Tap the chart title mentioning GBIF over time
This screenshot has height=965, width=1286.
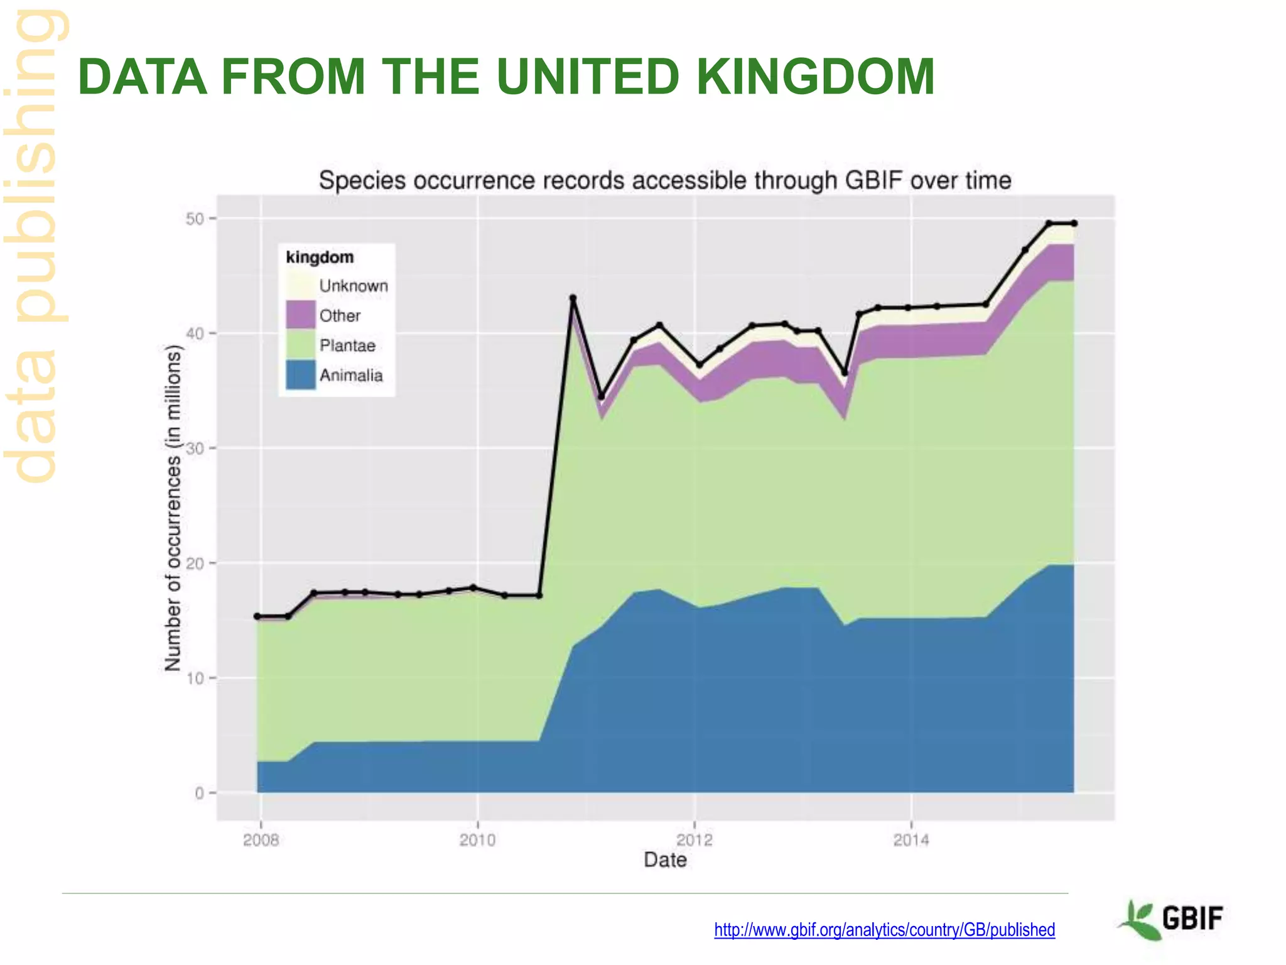664,181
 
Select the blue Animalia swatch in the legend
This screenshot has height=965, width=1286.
300,375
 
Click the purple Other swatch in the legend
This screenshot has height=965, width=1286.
300,315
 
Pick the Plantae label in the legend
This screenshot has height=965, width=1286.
347,346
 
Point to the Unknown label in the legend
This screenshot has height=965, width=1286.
353,286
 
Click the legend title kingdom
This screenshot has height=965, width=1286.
320,258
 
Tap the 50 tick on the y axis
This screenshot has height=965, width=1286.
195,219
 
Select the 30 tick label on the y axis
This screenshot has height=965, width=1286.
195,449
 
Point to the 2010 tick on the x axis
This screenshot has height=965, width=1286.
477,840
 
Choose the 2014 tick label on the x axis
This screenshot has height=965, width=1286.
911,840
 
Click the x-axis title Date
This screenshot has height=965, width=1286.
665,860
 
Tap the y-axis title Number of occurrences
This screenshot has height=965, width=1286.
173,509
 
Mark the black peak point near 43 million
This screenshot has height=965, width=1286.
573,298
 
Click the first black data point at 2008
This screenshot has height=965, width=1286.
257,616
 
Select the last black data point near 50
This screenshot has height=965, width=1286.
1074,224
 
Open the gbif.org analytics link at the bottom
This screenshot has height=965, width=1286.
884,930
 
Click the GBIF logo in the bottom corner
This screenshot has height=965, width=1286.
1171,920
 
